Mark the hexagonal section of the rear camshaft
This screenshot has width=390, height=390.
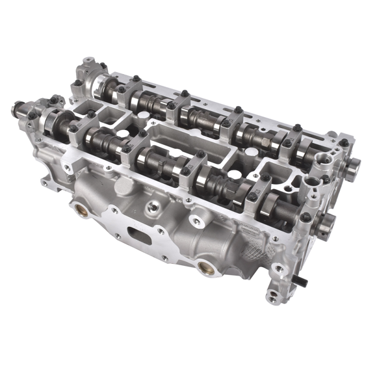[x=195, y=117]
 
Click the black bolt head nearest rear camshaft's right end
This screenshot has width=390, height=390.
[x=343, y=143]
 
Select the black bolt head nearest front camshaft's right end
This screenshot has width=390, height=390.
[x=305, y=218]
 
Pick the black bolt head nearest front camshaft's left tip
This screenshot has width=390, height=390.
[x=32, y=116]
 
